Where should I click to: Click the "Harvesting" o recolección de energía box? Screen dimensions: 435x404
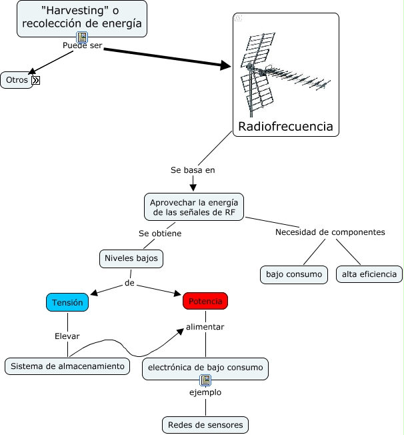[x=82, y=17]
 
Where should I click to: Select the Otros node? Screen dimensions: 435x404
[x=17, y=80]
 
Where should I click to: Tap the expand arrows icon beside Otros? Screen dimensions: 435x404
[x=36, y=80]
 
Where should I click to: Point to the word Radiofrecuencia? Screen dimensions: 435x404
[x=285, y=127]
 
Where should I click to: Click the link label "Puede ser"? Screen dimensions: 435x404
[x=83, y=45]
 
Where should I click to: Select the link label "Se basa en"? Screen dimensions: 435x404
[x=193, y=170]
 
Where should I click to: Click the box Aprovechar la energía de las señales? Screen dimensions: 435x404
[x=194, y=207]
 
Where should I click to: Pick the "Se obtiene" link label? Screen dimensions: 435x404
[x=160, y=234]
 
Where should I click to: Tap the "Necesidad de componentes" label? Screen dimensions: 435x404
[x=330, y=232]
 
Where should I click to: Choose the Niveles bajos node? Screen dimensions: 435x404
[x=131, y=258]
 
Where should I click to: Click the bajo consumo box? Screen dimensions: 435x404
[x=294, y=274]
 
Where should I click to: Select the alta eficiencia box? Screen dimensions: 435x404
[x=369, y=274]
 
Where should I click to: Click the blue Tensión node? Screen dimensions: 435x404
[x=67, y=302]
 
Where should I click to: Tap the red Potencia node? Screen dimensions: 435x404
[x=205, y=302]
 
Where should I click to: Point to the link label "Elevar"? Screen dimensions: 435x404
[x=67, y=336]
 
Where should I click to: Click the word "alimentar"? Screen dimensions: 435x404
[x=205, y=327]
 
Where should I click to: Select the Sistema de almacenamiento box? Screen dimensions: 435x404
[x=67, y=366]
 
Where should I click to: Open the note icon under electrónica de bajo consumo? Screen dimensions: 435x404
[x=205, y=380]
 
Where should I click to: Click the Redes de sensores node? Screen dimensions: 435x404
[x=205, y=425]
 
